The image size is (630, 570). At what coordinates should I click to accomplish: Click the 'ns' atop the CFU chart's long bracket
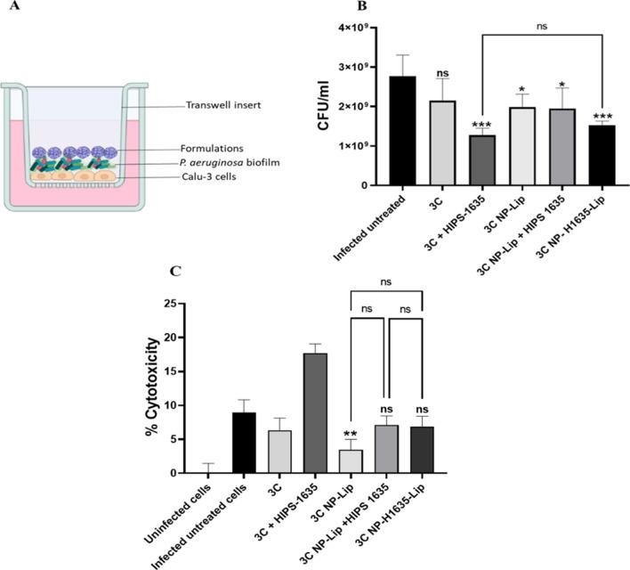[542, 28]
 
